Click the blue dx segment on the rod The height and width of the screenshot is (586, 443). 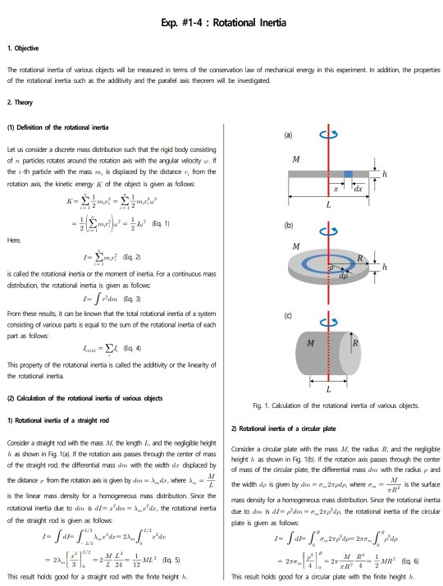[x=348, y=175]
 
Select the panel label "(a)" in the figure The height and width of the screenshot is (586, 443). [x=289, y=134]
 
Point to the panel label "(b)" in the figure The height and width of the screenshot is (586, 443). [x=289, y=223]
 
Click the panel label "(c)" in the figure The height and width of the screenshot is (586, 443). [x=289, y=314]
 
